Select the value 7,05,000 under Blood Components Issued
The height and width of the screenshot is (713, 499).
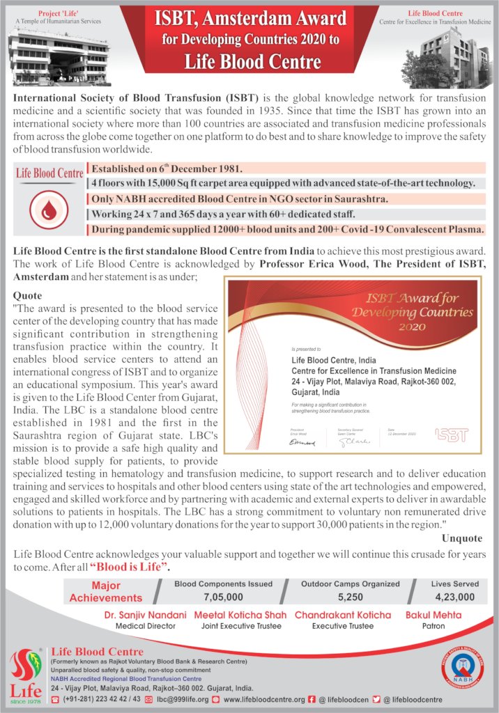223,597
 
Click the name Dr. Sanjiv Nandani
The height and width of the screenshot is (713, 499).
145,615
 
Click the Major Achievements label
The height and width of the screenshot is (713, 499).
105,591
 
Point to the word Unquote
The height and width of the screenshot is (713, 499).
461,538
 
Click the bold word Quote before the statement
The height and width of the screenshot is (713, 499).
27,295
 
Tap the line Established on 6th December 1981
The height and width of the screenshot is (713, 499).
164,169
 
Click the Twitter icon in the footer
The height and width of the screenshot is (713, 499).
376,699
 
